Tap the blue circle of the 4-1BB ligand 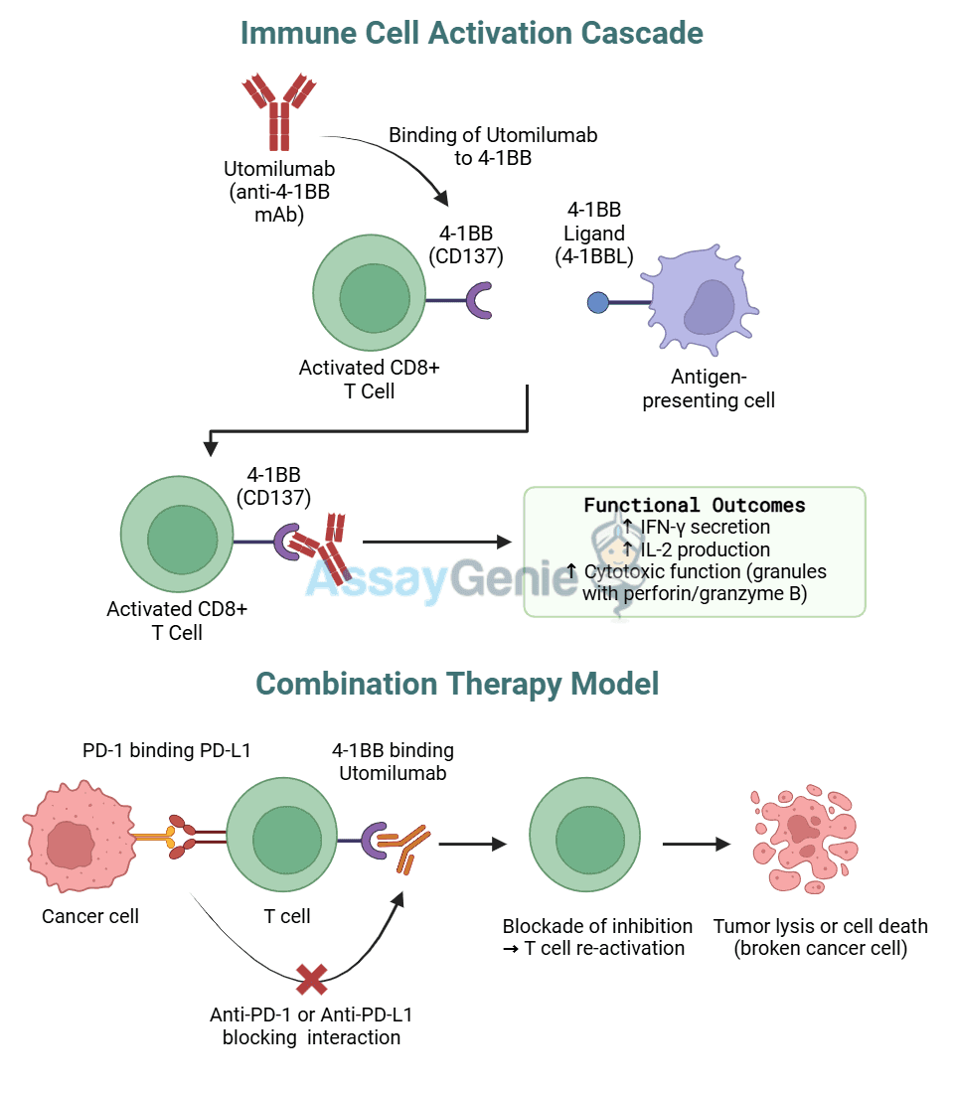pyautogui.click(x=598, y=302)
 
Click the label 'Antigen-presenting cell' pyautogui.click(x=708, y=390)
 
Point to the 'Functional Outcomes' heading pyautogui.click(x=694, y=505)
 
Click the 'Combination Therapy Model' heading pyautogui.click(x=457, y=684)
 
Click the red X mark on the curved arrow pyautogui.click(x=312, y=980)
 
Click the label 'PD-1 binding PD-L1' pyautogui.click(x=166, y=750)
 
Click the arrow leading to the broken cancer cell pyautogui.click(x=696, y=845)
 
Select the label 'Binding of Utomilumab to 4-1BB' pyautogui.click(x=493, y=145)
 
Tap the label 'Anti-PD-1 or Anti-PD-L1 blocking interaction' pyautogui.click(x=311, y=1026)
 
